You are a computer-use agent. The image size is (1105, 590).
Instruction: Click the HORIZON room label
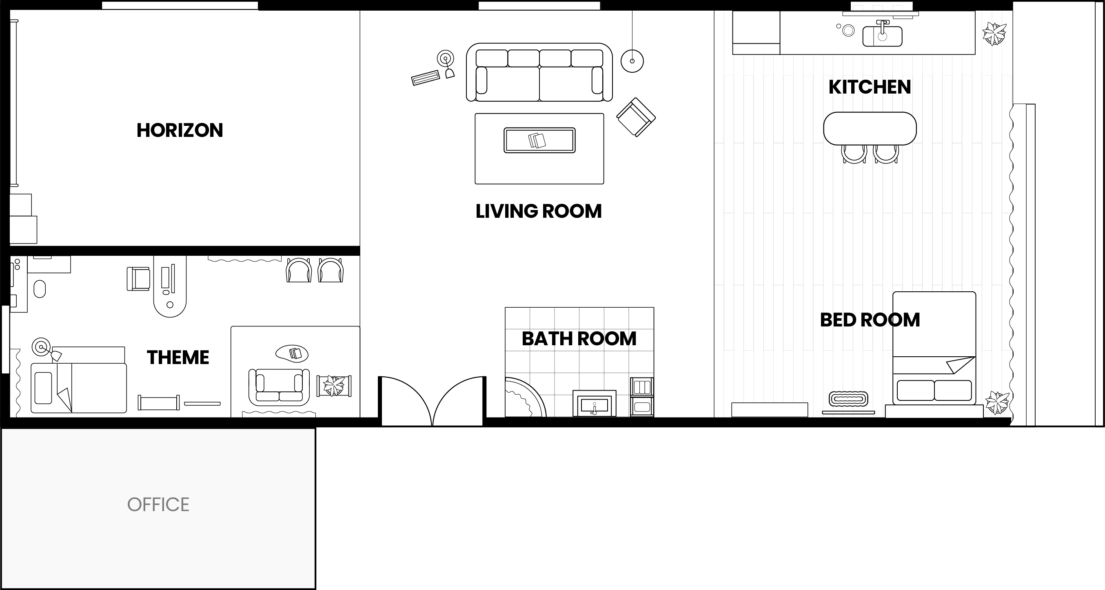click(180, 130)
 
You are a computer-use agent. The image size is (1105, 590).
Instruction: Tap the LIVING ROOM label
click(538, 211)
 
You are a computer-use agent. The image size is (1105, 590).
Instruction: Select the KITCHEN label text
click(870, 87)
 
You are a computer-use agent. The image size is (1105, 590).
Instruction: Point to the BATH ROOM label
click(579, 339)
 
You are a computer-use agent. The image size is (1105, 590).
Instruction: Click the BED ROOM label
click(870, 320)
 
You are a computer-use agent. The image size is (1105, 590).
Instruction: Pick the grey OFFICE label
click(158, 505)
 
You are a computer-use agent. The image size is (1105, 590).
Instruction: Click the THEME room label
click(178, 358)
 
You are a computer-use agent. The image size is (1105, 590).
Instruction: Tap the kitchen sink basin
click(882, 36)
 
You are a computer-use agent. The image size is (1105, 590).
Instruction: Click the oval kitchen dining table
click(870, 128)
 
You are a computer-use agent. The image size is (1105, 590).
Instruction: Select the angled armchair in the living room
click(636, 117)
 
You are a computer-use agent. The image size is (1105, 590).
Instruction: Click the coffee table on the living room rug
click(539, 141)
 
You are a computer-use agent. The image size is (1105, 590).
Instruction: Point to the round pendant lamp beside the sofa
click(632, 61)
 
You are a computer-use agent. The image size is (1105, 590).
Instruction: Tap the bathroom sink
click(595, 404)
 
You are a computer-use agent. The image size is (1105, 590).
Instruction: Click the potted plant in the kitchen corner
click(994, 34)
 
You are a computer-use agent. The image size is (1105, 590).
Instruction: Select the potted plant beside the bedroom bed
click(997, 403)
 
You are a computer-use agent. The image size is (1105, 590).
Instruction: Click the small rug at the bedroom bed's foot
click(848, 399)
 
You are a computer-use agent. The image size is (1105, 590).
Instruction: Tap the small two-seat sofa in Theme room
click(279, 387)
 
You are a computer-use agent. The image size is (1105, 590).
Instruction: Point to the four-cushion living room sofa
click(539, 72)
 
